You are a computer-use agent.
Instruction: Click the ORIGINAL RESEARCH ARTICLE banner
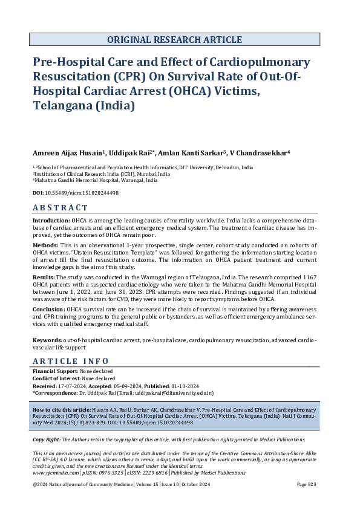175,40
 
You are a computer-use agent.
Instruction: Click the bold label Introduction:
51,222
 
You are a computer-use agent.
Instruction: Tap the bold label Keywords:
47,341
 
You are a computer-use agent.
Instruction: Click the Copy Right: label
47,439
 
